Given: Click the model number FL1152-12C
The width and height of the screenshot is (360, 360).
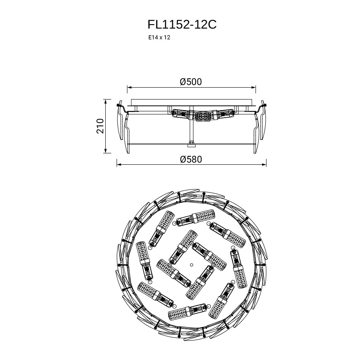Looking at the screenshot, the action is [x=182, y=24].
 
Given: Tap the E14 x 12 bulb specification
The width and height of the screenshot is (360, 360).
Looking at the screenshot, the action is [x=159, y=37].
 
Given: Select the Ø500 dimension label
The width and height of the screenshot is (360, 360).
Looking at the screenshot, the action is [x=191, y=82].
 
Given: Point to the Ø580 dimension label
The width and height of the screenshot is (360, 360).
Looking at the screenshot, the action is [x=191, y=159].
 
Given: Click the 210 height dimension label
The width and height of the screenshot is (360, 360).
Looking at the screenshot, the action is [x=100, y=126].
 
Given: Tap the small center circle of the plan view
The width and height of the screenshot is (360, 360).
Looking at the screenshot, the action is [x=191, y=265].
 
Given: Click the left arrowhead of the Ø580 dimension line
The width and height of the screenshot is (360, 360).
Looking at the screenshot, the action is [x=119, y=165].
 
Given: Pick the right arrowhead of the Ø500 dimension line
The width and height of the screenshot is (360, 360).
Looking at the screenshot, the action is [x=253, y=87].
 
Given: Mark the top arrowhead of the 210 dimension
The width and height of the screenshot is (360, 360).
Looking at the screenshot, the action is [x=105, y=101].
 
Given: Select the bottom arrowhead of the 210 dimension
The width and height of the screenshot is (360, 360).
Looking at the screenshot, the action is [x=105, y=151].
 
